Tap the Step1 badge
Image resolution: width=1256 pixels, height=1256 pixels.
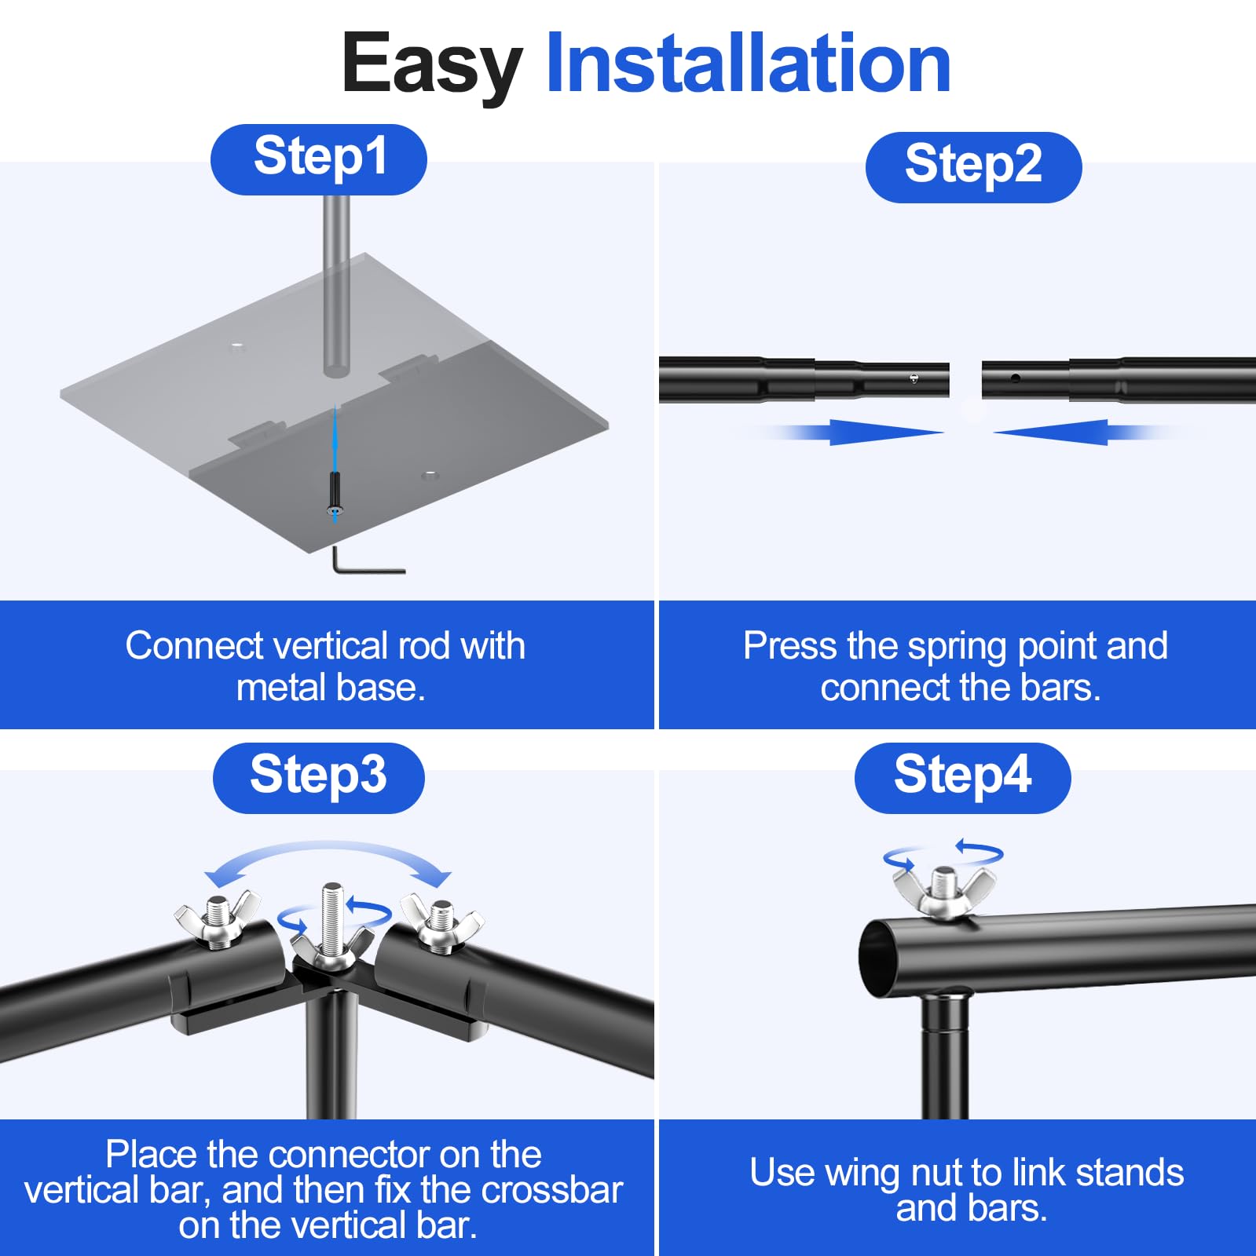(x=319, y=159)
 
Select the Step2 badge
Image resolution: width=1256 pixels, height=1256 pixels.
(x=973, y=167)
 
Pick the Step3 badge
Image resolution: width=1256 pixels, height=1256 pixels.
(x=319, y=778)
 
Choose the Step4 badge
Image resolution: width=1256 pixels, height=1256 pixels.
(x=962, y=778)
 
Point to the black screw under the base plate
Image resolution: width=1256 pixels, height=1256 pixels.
(x=335, y=495)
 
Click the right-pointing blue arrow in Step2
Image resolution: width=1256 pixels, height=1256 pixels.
(x=856, y=432)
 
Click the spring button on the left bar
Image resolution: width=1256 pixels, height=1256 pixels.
(x=914, y=379)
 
